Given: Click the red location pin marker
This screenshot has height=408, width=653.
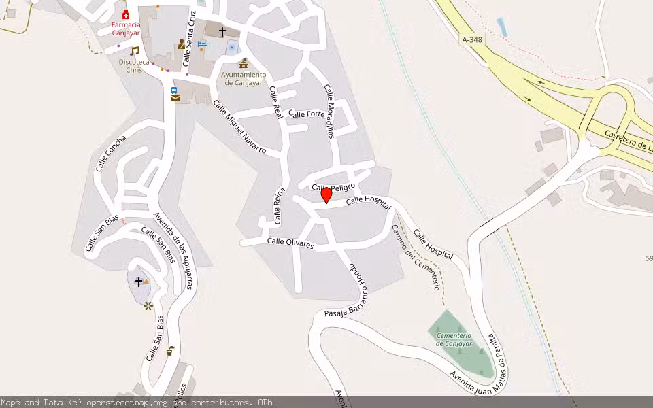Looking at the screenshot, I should (x=326, y=195).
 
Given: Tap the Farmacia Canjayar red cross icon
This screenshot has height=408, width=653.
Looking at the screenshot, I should (x=125, y=15).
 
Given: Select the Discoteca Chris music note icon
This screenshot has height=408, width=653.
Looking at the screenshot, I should (x=134, y=51).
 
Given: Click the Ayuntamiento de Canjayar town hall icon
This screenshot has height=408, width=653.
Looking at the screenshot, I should (x=244, y=63).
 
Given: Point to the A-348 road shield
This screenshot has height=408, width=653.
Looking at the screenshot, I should (x=473, y=40).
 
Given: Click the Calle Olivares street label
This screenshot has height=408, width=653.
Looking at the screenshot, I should (x=290, y=242).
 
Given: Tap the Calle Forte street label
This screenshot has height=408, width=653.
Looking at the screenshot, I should (x=307, y=114).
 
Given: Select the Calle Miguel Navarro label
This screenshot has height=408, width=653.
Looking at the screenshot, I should (x=239, y=126).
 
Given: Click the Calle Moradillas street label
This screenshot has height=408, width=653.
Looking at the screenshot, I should (x=330, y=111).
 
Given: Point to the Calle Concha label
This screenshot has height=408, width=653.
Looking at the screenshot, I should (x=111, y=153).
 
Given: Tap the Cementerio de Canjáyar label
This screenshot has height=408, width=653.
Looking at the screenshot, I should (x=454, y=339).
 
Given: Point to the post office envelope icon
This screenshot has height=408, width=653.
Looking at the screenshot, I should (x=175, y=98).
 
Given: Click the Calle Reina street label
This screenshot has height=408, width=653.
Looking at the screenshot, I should (x=279, y=206).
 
